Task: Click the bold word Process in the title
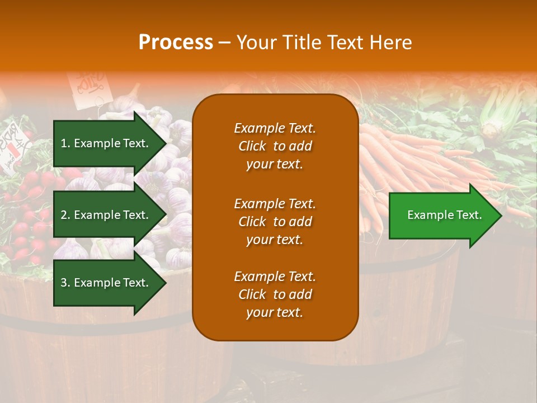click(176, 43)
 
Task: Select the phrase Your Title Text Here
click(324, 43)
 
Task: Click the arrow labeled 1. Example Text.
click(106, 143)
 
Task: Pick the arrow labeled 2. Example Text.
click(106, 215)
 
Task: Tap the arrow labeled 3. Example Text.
click(106, 283)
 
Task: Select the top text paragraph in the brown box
click(275, 146)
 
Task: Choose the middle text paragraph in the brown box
click(275, 222)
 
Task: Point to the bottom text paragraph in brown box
click(275, 294)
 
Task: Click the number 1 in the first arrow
click(64, 143)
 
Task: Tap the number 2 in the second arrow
click(64, 215)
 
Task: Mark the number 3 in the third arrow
click(64, 283)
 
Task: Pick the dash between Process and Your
click(224, 43)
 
